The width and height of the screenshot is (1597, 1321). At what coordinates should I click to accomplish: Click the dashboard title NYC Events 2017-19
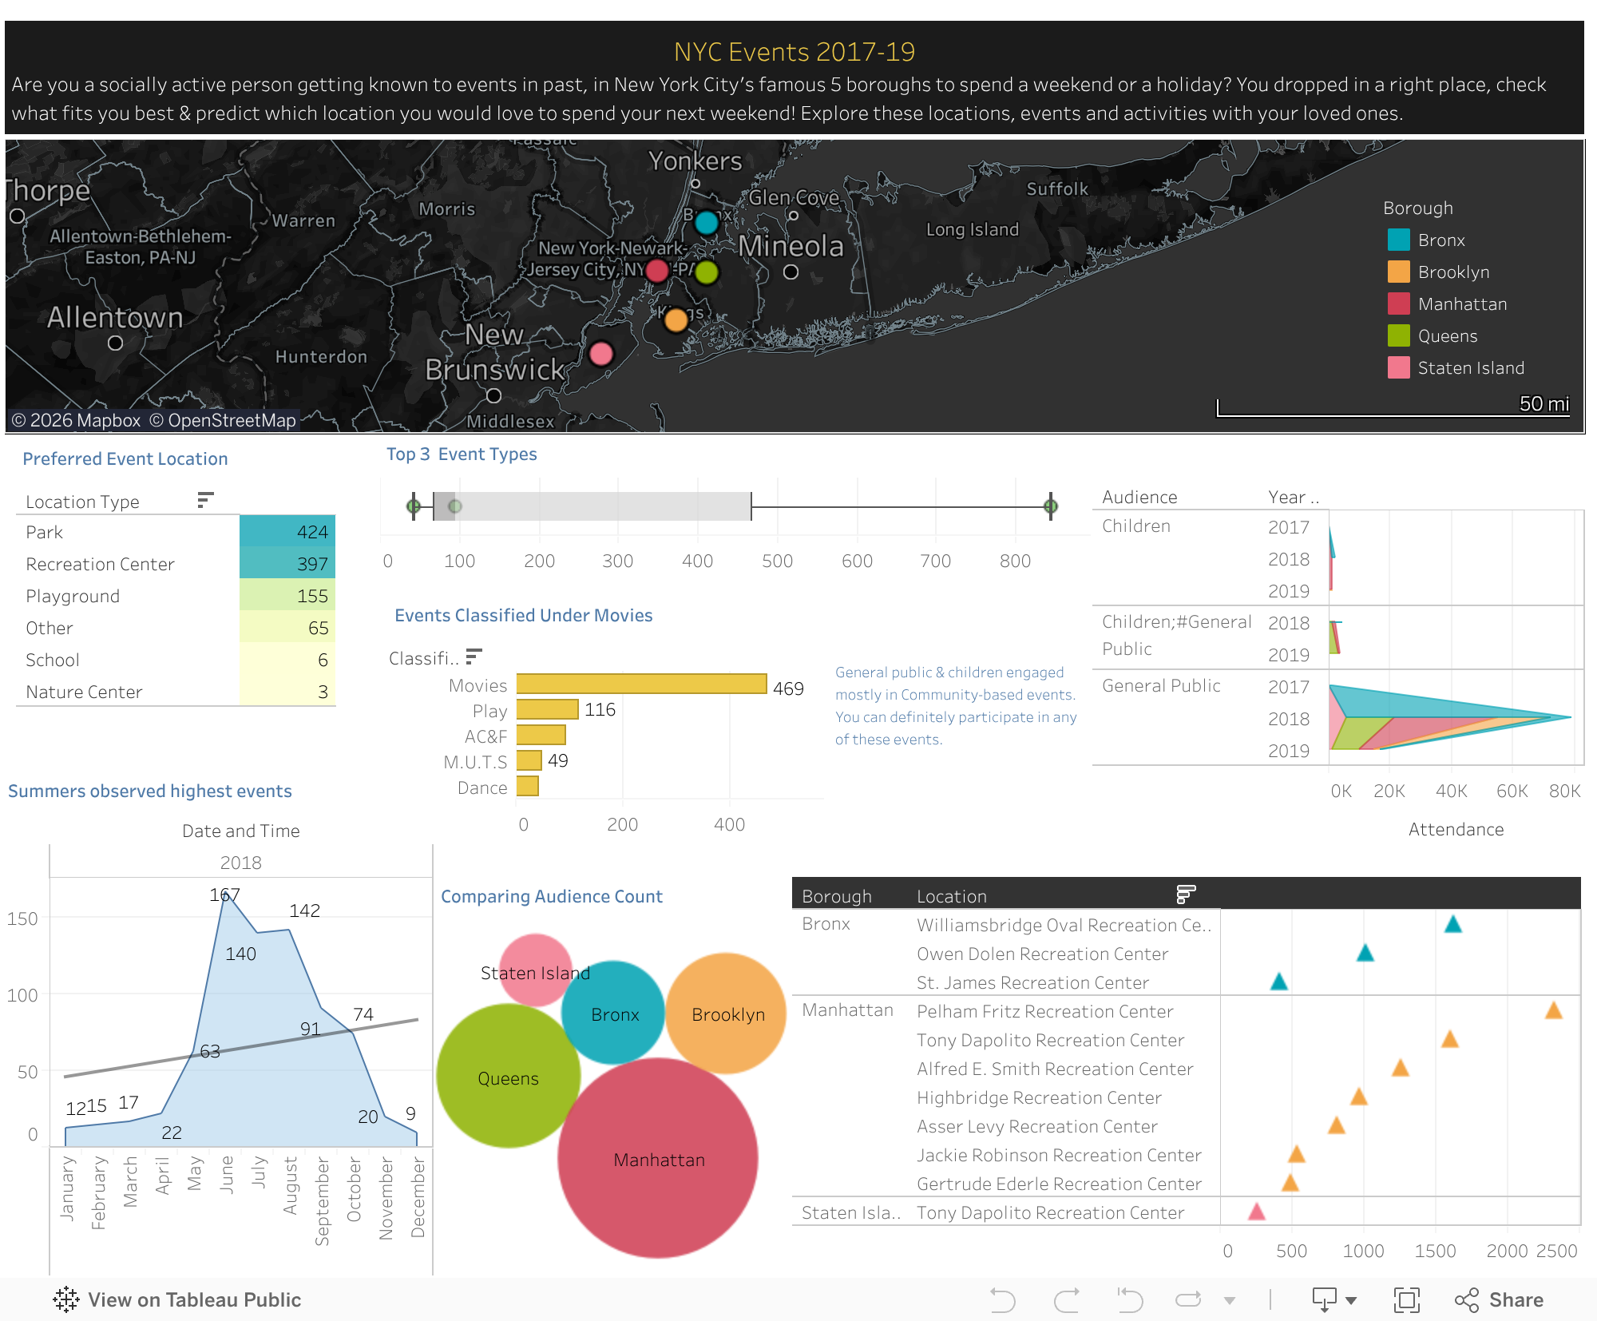[x=794, y=52]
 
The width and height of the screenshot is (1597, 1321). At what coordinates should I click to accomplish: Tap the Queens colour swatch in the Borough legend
[x=1398, y=336]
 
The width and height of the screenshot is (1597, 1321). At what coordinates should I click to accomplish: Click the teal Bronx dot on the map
[x=707, y=222]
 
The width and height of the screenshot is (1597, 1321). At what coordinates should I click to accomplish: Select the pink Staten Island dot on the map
[x=601, y=353]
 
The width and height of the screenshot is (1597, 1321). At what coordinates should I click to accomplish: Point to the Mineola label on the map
[x=791, y=247]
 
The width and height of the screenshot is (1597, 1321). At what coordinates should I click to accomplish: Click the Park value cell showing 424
[x=287, y=532]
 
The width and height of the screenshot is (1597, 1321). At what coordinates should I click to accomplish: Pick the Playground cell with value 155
[x=287, y=596]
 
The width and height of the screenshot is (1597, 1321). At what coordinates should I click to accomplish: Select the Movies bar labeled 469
[x=641, y=684]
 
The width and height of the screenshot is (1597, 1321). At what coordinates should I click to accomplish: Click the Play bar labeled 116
[x=547, y=710]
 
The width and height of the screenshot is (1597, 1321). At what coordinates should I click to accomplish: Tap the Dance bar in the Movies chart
[x=527, y=787]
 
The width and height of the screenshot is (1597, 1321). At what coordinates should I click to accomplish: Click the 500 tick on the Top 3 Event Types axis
[x=777, y=561]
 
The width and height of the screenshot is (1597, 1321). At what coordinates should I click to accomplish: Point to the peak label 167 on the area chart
[x=224, y=895]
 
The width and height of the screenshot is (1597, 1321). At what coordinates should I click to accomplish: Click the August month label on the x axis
[x=291, y=1186]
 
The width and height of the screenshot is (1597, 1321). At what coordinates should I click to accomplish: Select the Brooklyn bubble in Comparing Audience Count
[x=727, y=1014]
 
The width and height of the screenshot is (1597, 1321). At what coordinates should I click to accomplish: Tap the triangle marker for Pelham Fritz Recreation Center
[x=1553, y=1011]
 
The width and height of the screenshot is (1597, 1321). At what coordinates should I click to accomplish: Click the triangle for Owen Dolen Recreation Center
[x=1365, y=953]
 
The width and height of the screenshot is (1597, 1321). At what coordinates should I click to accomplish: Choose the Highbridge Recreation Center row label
[x=1038, y=1097]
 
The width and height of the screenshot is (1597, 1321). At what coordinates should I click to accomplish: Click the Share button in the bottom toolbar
[x=1499, y=1300]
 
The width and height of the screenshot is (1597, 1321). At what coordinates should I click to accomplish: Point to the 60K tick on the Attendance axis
[x=1511, y=791]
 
